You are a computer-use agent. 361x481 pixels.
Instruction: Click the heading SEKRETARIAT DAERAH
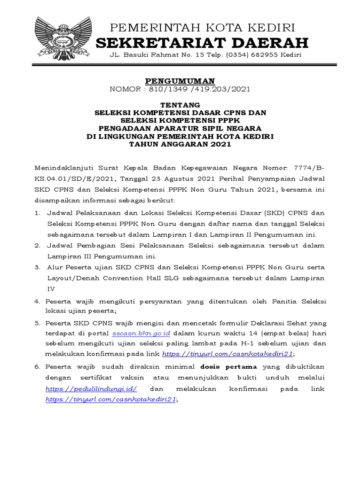coord(202,43)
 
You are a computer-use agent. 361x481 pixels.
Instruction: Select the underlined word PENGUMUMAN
coord(180,81)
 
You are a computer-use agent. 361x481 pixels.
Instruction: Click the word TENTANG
coord(180,104)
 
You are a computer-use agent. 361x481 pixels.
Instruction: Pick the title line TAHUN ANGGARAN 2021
coord(180,144)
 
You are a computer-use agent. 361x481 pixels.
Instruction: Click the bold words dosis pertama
coord(228,366)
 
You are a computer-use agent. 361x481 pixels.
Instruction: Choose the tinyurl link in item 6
coord(111,399)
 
